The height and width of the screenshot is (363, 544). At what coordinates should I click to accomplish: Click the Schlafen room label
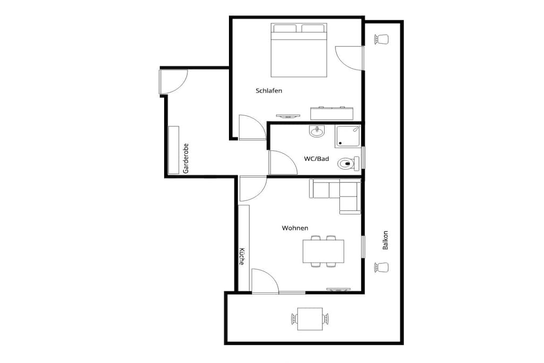click(269, 90)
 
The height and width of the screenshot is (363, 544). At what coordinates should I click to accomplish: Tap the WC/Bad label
click(317, 158)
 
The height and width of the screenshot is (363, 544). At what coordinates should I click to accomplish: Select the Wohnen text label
click(295, 228)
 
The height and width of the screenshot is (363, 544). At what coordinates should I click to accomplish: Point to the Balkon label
click(385, 240)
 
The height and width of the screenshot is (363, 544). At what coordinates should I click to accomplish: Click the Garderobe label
click(185, 158)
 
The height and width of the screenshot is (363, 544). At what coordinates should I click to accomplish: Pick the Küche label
click(242, 257)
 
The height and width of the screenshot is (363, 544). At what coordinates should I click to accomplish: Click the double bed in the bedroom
click(299, 50)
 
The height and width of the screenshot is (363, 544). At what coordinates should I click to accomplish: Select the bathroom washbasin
click(317, 131)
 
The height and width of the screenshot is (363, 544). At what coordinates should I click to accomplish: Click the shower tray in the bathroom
click(347, 136)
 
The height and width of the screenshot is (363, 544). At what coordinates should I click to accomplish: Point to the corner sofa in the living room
click(335, 196)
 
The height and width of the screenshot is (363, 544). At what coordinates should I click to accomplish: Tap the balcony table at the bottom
click(310, 319)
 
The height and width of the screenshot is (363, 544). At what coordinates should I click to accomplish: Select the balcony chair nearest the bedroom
click(381, 39)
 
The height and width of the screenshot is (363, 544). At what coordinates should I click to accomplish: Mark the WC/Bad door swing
click(283, 163)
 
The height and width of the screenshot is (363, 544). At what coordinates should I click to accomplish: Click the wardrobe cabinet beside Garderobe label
click(174, 150)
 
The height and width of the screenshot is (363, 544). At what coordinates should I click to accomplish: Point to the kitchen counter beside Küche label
click(244, 248)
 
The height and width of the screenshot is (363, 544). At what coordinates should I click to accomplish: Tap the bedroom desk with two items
click(331, 114)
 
